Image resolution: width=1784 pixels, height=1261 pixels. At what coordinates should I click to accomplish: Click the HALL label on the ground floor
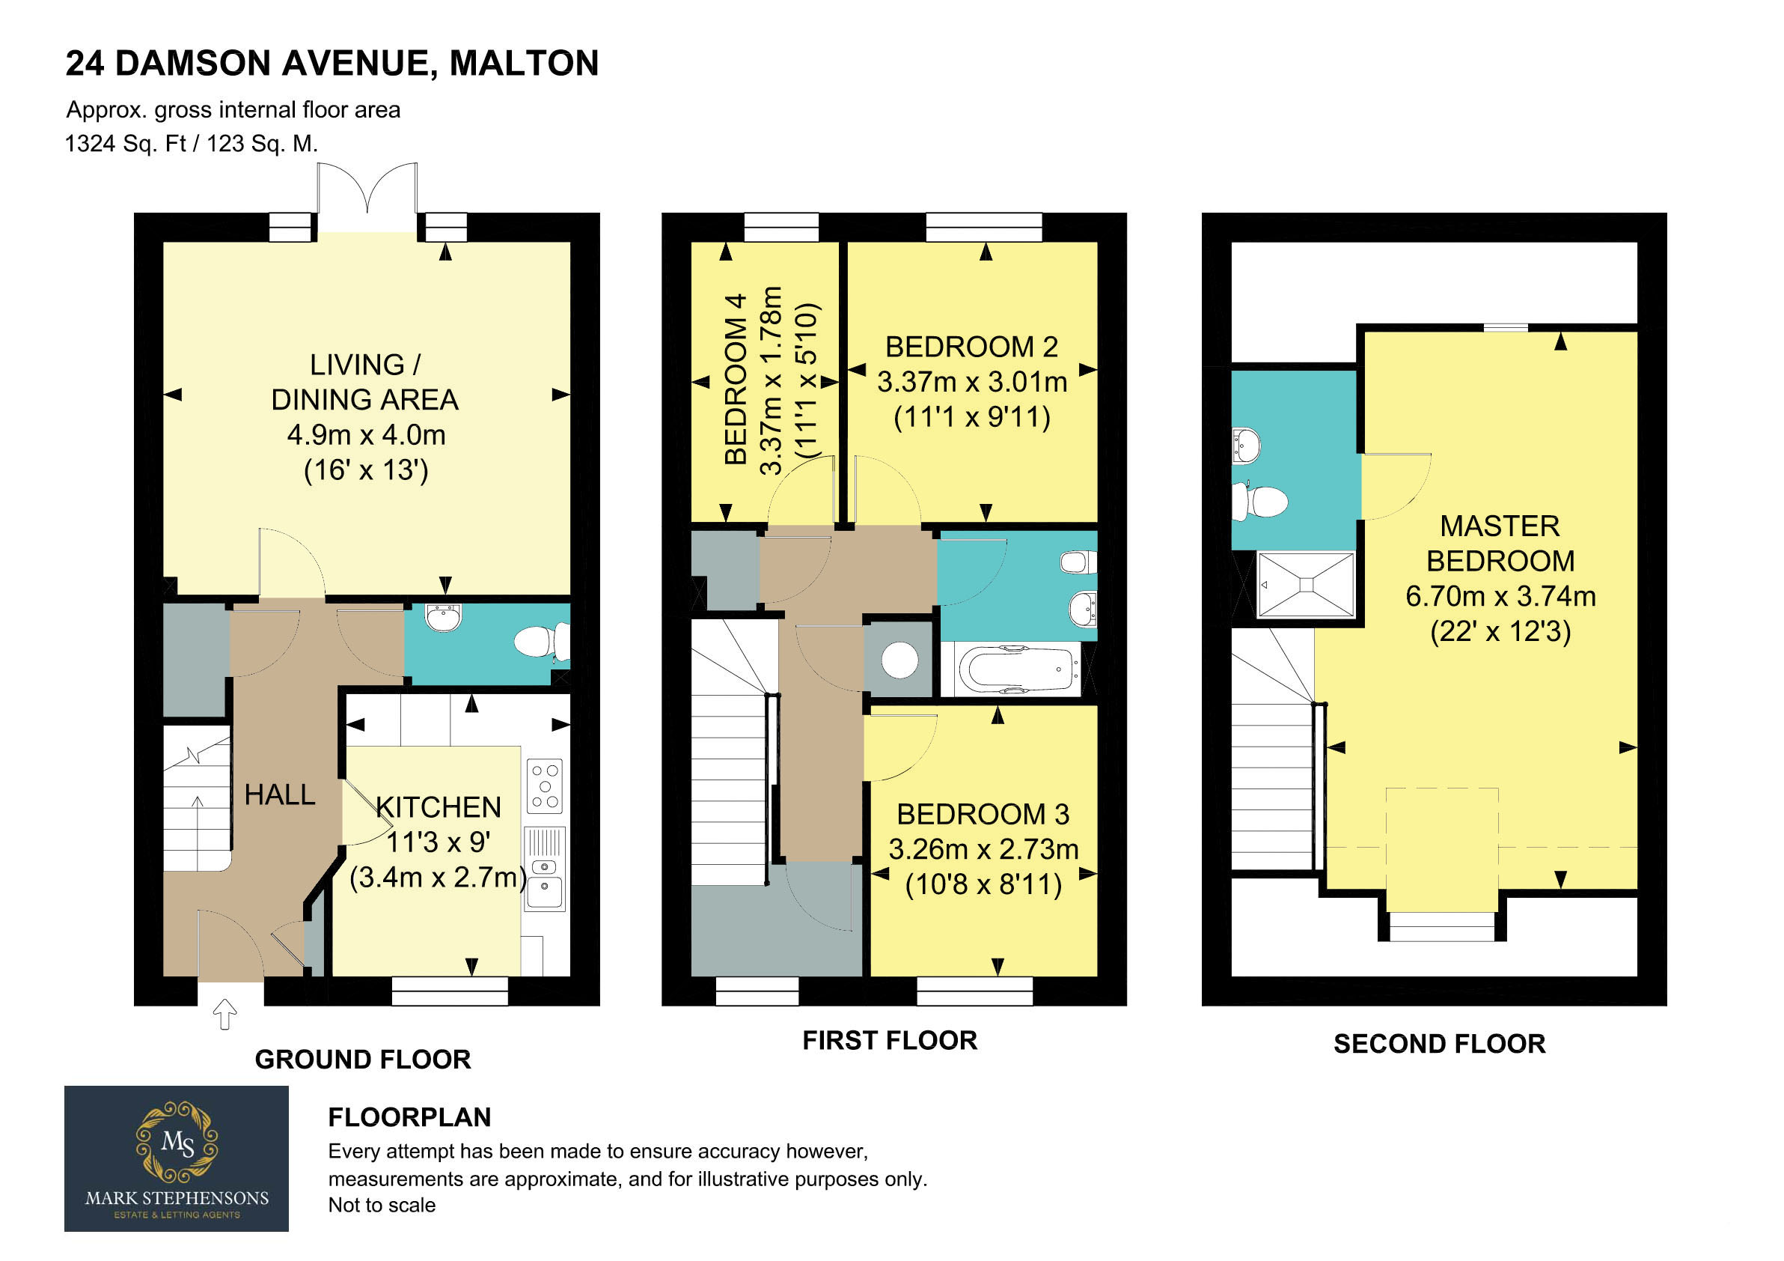point(280,794)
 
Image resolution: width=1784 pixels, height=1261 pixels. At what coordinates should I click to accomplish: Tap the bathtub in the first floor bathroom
point(1018,669)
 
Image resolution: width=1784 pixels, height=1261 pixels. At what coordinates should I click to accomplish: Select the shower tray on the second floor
point(1305,585)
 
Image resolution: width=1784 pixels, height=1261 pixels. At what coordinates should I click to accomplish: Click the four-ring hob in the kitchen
point(544,786)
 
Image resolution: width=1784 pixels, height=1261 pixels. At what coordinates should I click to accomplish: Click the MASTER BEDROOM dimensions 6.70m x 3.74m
point(1500,596)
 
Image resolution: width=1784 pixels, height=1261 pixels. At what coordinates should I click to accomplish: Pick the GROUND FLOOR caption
point(363,1060)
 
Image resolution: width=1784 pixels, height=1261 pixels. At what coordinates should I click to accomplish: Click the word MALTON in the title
point(525,63)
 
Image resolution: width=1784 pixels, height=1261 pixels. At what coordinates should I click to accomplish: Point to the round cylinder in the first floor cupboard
point(899,660)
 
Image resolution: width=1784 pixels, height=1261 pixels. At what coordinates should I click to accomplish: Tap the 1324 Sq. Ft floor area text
point(125,144)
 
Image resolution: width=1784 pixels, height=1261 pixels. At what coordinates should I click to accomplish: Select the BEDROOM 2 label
point(971,347)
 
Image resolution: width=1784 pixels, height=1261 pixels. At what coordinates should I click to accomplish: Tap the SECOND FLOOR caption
point(1439,1044)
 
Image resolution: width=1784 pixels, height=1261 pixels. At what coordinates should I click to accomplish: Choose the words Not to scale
point(382,1206)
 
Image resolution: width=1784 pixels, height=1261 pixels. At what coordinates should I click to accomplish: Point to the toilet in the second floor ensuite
point(1259,502)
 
